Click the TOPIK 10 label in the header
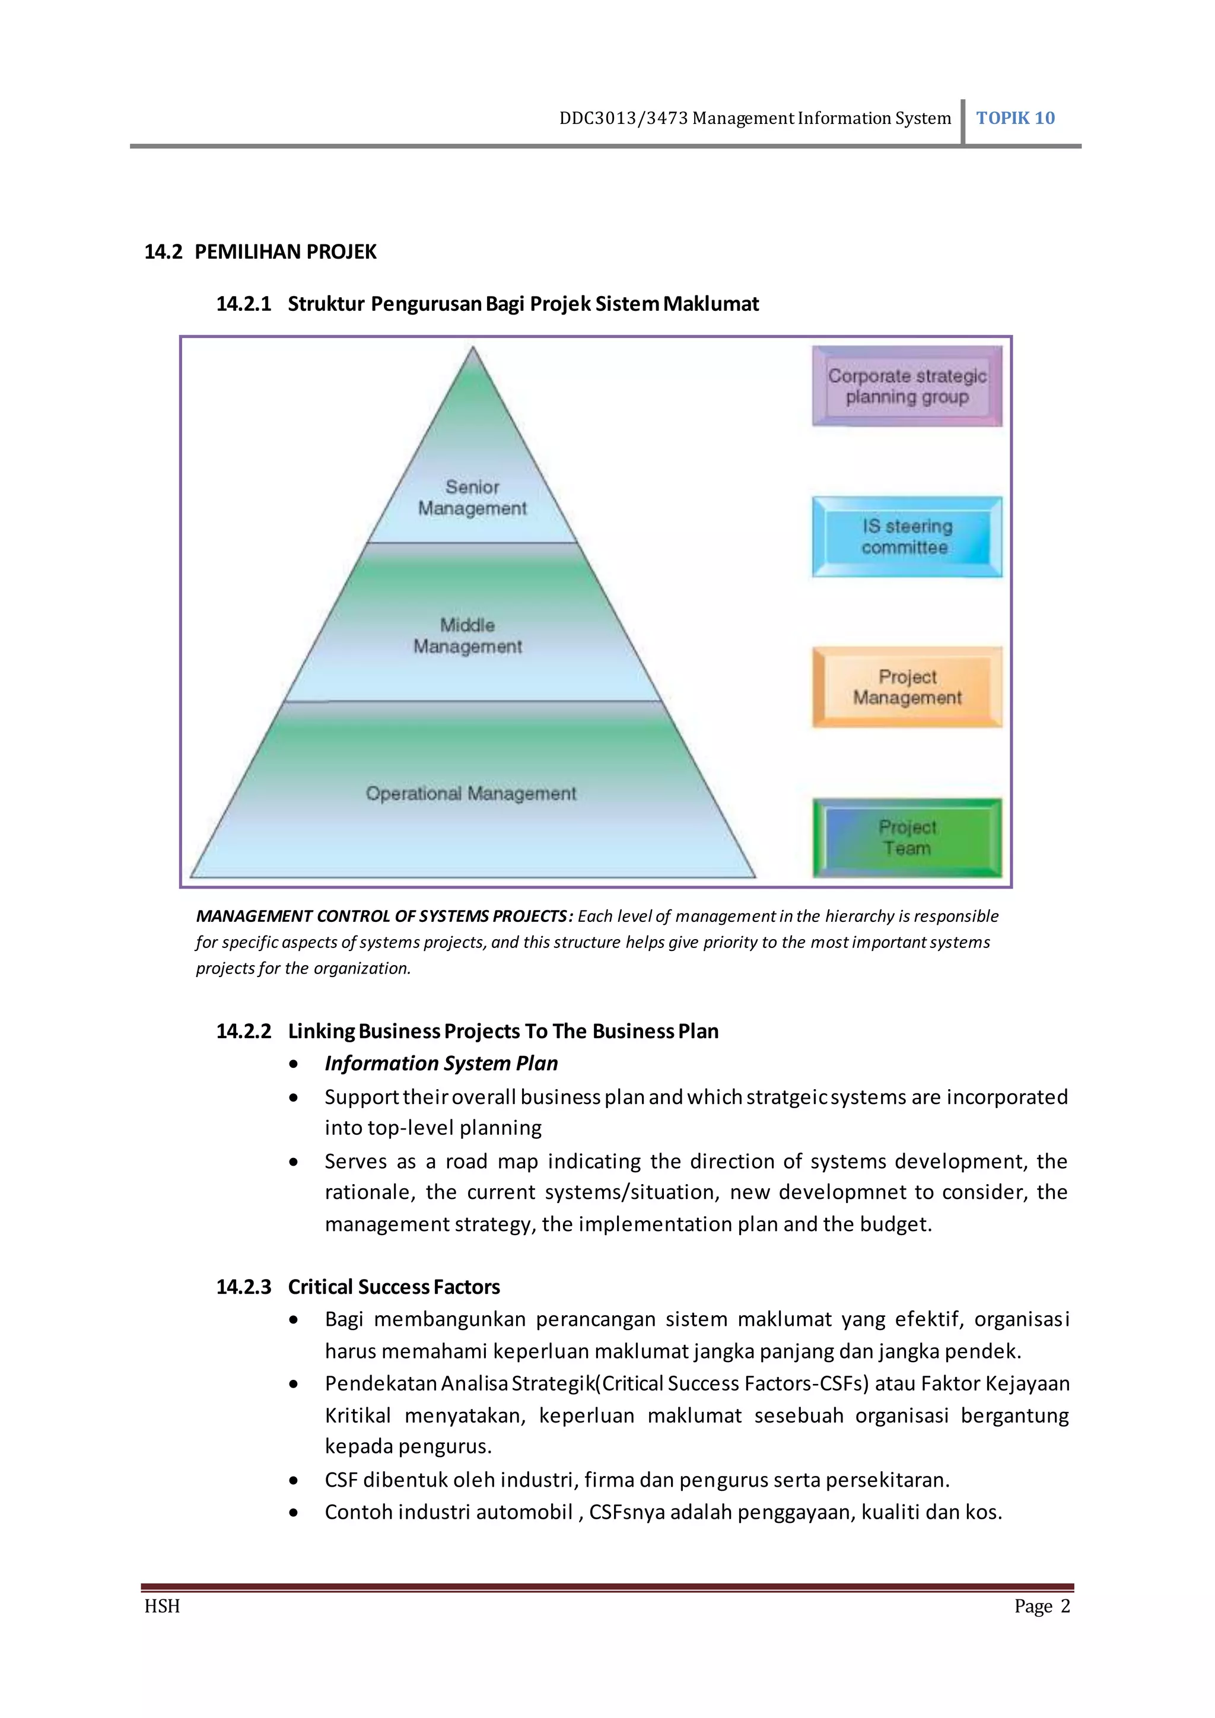[x=1014, y=118]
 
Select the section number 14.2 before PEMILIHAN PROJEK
[x=163, y=252]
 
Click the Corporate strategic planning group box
[x=907, y=386]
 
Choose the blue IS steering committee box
[x=907, y=536]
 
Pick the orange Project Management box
[x=907, y=687]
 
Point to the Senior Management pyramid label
[x=472, y=498]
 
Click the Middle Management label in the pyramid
[x=467, y=635]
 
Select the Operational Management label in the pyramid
[x=470, y=793]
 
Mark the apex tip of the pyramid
[x=473, y=349]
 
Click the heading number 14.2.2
[x=243, y=1031]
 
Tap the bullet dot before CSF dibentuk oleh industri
[x=294, y=1481]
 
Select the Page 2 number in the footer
[x=1041, y=1606]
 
